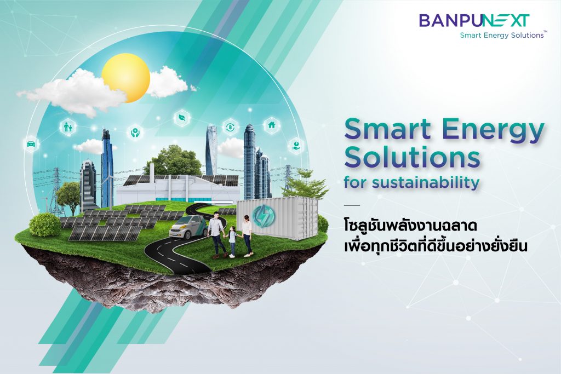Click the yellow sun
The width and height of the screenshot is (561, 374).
point(125,78)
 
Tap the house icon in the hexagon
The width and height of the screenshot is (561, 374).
point(272,125)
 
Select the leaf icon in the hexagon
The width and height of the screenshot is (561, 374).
point(182,118)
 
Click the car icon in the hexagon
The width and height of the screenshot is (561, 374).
point(31,144)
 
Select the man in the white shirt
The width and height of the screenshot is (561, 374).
point(217,234)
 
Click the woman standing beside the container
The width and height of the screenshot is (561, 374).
point(247,236)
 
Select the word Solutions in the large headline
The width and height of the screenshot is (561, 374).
point(411,157)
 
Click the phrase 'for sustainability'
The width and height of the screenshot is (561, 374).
point(411,182)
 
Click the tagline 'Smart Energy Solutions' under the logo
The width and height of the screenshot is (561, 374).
point(502,35)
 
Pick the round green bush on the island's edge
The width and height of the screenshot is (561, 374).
point(44,225)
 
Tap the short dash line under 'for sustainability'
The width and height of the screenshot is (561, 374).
point(352,205)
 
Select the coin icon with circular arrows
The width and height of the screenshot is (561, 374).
point(230,126)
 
